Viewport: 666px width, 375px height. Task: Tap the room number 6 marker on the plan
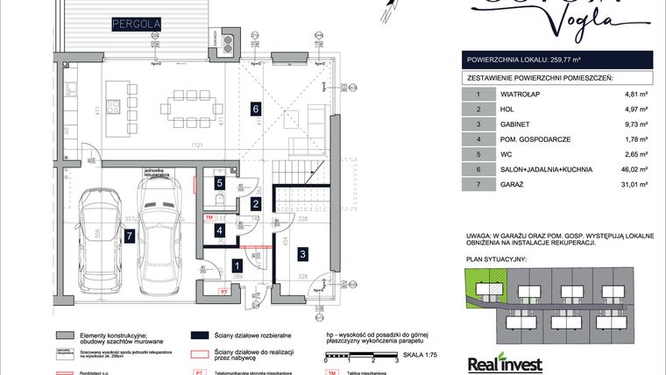pos(255,110)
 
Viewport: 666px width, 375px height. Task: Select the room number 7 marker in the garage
pos(129,236)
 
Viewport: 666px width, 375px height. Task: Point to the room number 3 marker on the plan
pos(302,254)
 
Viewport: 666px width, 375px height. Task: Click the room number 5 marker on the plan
pos(220,183)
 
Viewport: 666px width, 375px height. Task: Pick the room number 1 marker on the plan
pos(237,265)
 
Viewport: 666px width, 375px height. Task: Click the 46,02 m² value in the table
pos(631,169)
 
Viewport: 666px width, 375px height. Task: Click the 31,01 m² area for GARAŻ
pos(631,184)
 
